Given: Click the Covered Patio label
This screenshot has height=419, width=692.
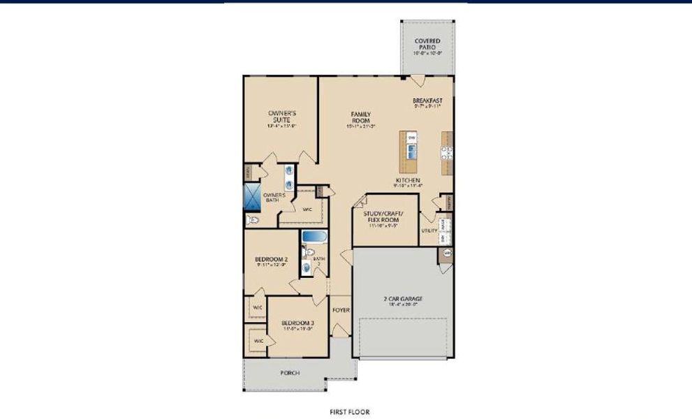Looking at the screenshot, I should click(427, 45).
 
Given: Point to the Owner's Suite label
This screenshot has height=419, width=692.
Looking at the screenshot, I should click(282, 117).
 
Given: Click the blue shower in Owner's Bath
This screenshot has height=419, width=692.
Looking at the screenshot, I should click(251, 196).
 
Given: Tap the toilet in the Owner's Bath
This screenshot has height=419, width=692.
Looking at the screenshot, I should click(253, 220).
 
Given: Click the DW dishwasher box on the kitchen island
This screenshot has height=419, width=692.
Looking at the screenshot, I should click(412, 138).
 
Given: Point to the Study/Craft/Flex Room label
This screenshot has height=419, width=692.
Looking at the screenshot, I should click(383, 218).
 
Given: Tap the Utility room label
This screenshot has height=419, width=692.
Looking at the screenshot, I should click(429, 230).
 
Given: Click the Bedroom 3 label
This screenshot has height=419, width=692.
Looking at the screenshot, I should click(298, 325).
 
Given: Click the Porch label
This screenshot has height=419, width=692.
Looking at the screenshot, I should click(290, 374).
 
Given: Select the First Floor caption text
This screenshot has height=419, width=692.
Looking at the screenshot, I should click(350, 412).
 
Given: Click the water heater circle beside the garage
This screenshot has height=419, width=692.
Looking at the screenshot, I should click(448, 252).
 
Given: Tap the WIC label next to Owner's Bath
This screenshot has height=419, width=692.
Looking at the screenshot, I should click(307, 209).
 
